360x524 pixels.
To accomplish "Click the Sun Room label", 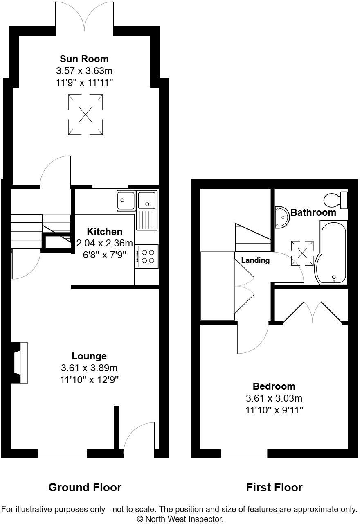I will tap(84, 59).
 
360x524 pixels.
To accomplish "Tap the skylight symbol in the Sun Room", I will tap(85, 114).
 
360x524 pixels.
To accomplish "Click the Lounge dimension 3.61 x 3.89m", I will tap(89, 368).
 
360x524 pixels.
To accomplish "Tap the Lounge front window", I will tap(62, 453).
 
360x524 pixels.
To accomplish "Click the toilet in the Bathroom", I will tap(336, 200).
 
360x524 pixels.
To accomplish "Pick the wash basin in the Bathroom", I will tap(282, 217).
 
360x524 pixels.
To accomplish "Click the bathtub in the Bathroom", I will tap(332, 252).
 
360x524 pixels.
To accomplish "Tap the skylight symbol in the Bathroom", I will tap(302, 253).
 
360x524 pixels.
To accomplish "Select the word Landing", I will tap(255, 260).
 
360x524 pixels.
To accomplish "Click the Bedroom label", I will tap(274, 386).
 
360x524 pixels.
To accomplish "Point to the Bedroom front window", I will tap(244, 453).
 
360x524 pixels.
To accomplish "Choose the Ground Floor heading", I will tap(85, 487).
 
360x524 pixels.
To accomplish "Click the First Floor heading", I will tap(274, 487).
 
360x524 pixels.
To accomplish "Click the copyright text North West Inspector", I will tap(180, 519).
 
